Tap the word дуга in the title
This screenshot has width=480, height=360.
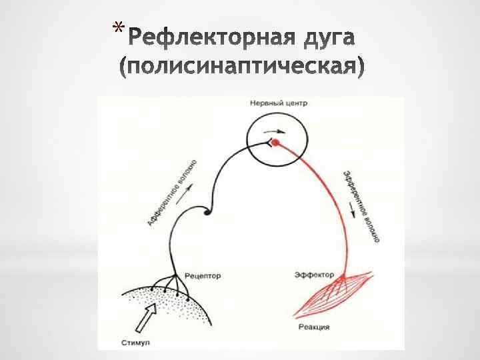coord(323,38)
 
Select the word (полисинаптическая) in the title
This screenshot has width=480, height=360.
coord(242,67)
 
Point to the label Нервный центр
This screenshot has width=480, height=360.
coord(278,103)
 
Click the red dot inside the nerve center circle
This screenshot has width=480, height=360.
coord(274,143)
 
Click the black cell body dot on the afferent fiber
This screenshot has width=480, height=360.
coord(207,213)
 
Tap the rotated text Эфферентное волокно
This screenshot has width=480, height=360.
coord(363,206)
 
